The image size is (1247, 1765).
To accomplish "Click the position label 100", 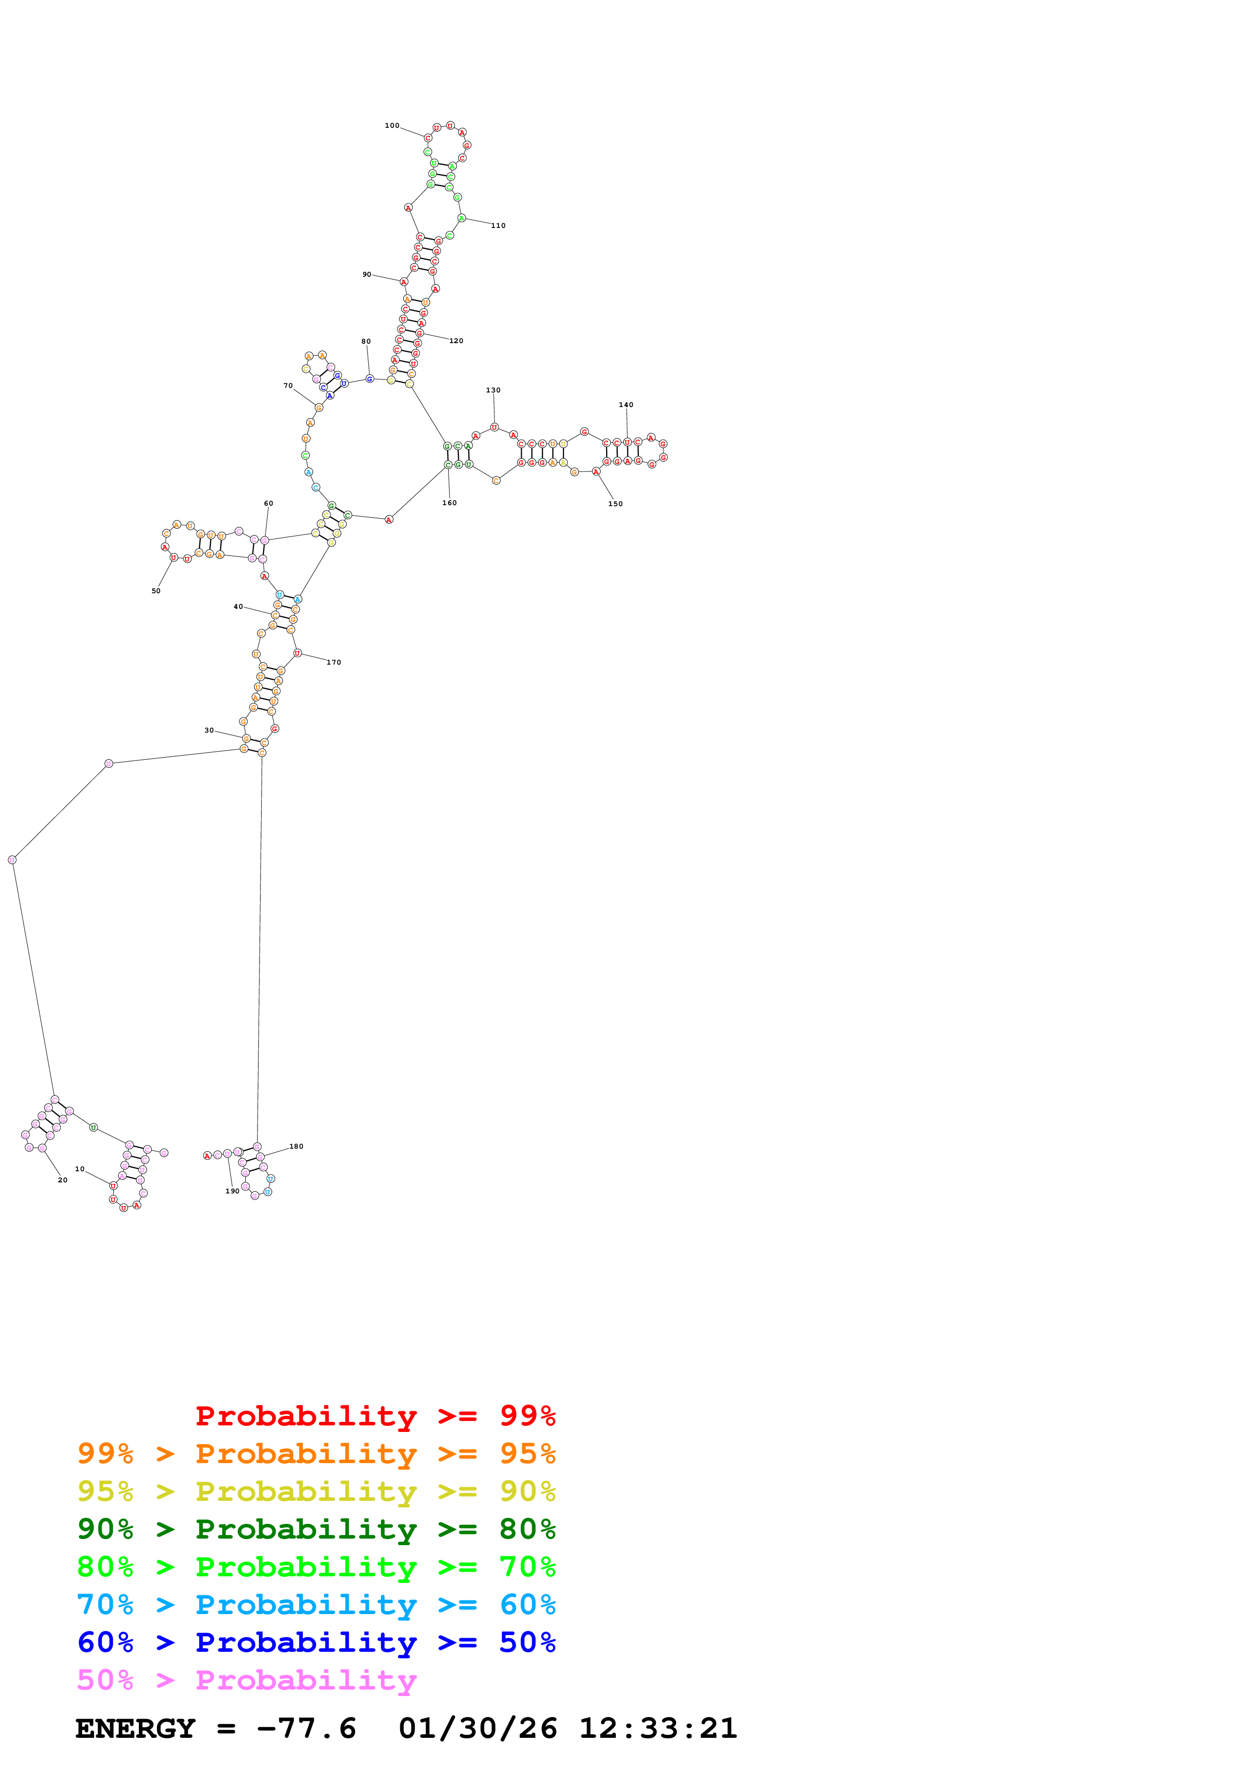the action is point(392,125).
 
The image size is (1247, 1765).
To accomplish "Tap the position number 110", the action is point(498,226).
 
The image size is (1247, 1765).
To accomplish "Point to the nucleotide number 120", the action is point(456,341).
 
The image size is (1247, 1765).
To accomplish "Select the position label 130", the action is point(493,390).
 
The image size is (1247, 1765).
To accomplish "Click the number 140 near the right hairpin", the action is point(626,405).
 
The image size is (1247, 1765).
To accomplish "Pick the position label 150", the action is point(615,504).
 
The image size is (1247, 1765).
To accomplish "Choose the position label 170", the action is point(334,663).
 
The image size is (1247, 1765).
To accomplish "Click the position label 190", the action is point(232,1191).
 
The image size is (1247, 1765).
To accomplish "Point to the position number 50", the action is point(156,591).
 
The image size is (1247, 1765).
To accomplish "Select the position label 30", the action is point(209,730).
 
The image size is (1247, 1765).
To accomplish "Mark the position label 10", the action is point(80,1169).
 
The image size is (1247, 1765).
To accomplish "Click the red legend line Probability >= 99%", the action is point(375,1416).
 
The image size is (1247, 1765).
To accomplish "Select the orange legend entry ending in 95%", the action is point(316,1454).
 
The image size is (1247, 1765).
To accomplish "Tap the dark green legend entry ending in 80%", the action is point(316,1529).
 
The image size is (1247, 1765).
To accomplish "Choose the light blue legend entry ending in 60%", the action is point(316,1604).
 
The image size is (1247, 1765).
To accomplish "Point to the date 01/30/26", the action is point(478,1728).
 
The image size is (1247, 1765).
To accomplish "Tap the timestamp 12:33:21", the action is point(657,1728).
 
